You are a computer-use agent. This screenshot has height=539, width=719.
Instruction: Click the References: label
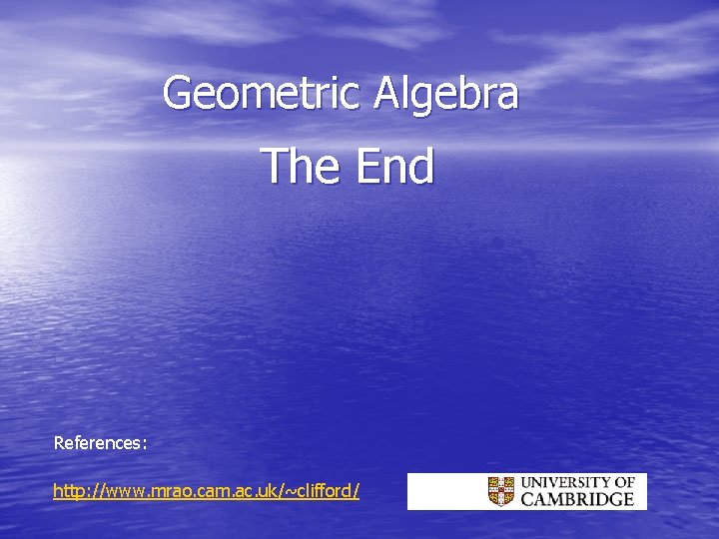100,441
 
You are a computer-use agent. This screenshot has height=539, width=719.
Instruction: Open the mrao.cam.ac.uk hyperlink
206,491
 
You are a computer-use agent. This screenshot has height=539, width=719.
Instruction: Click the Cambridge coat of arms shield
501,491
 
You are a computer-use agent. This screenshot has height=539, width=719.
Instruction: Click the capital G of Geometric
177,94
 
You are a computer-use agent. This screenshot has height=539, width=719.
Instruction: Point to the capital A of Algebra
388,94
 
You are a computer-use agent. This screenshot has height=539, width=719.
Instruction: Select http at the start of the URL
69,491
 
